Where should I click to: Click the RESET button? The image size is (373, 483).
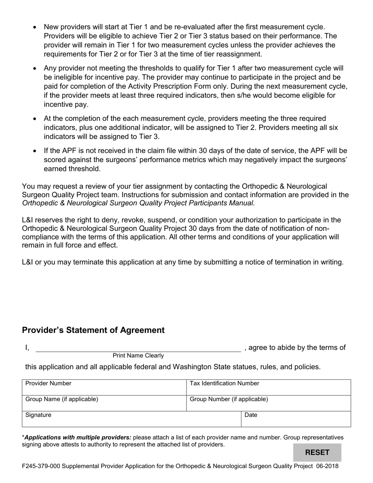pyautogui.click(x=317, y=452)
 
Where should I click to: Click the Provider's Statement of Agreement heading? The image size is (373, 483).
pyautogui.click(x=93, y=330)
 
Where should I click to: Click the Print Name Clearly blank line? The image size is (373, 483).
pyautogui.click(x=138, y=348)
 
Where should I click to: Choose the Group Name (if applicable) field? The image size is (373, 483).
pyautogui.click(x=104, y=403)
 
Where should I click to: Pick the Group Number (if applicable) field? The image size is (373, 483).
pyautogui.click(x=268, y=403)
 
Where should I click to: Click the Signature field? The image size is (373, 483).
pyautogui.click(x=131, y=419)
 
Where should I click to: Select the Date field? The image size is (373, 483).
pyautogui.click(x=295, y=419)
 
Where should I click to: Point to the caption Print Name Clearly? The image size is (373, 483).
pyautogui.click(x=138, y=356)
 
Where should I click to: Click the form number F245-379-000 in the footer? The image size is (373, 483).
pyautogui.click(x=41, y=467)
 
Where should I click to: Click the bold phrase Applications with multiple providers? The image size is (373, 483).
pyautogui.click(x=78, y=437)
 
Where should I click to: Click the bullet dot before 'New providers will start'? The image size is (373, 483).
pyautogui.click(x=35, y=27)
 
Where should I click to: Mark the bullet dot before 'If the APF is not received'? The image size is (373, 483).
pyautogui.click(x=35, y=151)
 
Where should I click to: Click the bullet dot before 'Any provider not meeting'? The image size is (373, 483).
pyautogui.click(x=35, y=68)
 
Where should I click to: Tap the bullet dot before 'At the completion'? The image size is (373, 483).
pyautogui.click(x=35, y=119)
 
